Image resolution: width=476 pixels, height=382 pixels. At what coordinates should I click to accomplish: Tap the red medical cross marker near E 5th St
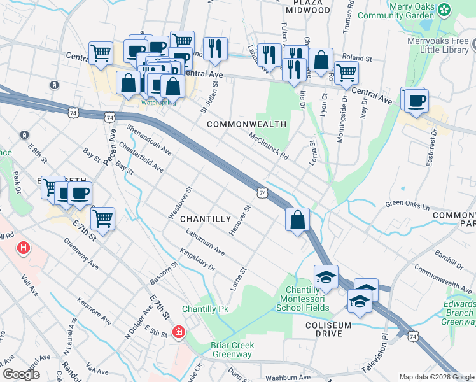(x=179, y=332)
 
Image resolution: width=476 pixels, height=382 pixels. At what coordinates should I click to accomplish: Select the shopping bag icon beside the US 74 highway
(x=298, y=220)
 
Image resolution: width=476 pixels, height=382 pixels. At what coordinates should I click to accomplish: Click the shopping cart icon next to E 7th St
(x=102, y=219)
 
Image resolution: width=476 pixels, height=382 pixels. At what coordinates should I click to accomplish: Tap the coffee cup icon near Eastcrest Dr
(x=417, y=101)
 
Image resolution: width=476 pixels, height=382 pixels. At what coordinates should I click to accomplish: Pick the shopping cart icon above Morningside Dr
(x=346, y=72)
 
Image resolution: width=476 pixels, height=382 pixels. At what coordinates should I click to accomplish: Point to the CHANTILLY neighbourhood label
(x=205, y=218)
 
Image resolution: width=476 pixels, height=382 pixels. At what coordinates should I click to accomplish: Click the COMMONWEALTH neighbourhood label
(x=246, y=124)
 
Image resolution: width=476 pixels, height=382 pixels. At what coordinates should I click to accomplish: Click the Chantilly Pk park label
(x=205, y=309)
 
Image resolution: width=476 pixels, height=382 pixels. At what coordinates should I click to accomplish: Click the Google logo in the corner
(x=21, y=374)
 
